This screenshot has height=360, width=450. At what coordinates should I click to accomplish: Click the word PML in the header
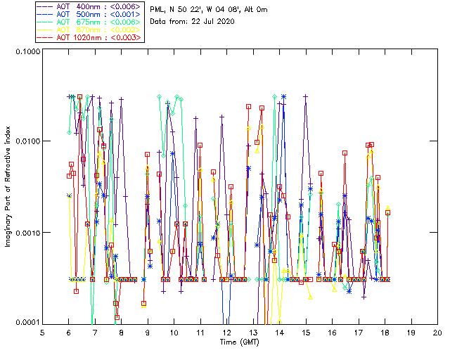pos(159,9)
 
